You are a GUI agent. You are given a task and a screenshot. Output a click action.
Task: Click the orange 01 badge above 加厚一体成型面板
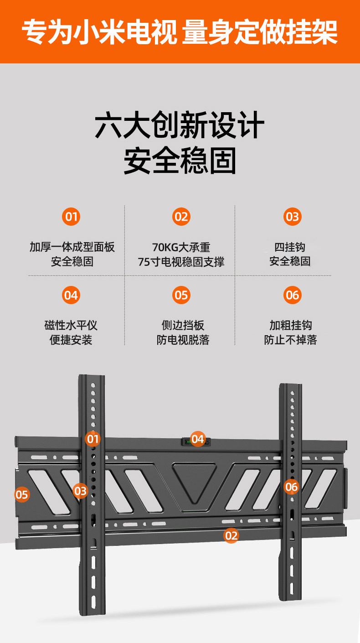point(71,217)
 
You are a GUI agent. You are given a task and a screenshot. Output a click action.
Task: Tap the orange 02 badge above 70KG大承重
point(181,217)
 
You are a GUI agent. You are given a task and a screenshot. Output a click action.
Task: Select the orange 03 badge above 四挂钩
point(292,217)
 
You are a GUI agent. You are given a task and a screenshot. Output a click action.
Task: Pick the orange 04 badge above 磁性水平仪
point(71,295)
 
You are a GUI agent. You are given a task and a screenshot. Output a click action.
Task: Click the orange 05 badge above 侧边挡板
point(181,295)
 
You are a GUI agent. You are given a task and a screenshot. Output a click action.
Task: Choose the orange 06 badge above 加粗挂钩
point(292,295)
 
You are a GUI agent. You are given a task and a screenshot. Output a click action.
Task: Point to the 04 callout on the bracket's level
point(197,439)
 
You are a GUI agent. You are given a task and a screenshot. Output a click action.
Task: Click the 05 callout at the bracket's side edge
point(22,494)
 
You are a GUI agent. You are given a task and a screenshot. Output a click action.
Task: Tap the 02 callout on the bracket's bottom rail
point(231,535)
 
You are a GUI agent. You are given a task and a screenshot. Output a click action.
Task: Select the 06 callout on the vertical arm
point(291,487)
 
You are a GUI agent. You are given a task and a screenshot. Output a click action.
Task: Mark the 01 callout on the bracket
point(93,439)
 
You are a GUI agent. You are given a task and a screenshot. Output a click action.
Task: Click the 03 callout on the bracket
point(80,491)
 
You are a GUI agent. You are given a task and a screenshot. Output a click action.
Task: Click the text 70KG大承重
point(181,248)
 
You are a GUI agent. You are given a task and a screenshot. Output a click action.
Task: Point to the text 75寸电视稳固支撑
point(181,262)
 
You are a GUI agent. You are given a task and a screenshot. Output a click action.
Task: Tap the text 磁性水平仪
point(71,326)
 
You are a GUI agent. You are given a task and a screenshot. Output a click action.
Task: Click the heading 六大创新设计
point(180,126)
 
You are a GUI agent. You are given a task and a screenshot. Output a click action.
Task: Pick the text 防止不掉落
point(290,340)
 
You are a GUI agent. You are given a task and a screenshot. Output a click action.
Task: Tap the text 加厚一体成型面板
point(72,248)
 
